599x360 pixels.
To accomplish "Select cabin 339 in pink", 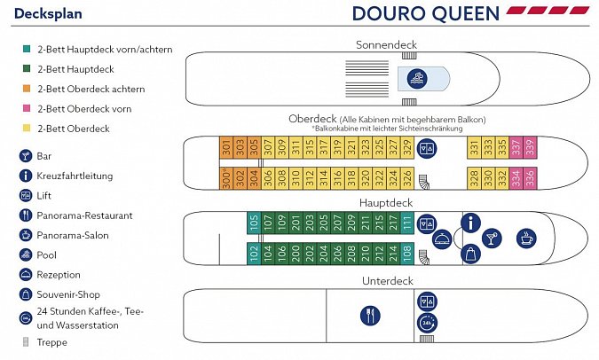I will point(529,147).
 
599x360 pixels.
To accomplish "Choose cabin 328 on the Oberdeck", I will point(475,177).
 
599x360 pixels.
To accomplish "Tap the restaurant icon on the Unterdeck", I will point(370,315).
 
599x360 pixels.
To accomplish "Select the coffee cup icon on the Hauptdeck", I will point(527,238).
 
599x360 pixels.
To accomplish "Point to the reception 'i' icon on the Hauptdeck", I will point(469,223).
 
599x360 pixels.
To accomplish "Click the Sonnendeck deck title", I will point(385,44).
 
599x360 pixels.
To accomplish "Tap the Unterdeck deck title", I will point(387,280).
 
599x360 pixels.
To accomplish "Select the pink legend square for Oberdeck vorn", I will point(28,109).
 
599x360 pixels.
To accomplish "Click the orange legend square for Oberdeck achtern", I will point(28,90).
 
